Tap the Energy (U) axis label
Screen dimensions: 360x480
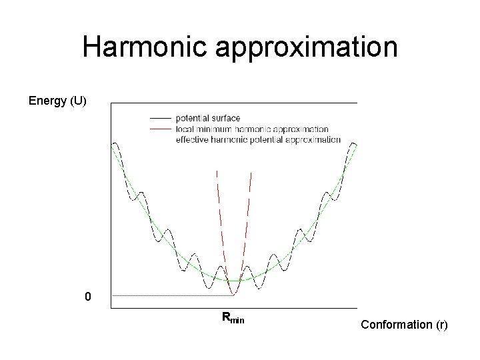[57, 101]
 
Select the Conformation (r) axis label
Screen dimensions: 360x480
[404, 325]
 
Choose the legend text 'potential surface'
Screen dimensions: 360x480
[207, 118]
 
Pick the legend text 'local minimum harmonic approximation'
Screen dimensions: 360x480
[252, 129]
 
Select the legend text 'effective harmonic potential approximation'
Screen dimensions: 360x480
[258, 139]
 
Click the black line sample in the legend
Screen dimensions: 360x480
[161, 118]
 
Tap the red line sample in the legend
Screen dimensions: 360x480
[161, 129]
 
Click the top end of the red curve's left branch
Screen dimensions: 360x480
[216, 171]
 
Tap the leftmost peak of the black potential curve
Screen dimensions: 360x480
[115, 143]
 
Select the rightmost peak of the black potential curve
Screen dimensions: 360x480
[353, 143]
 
